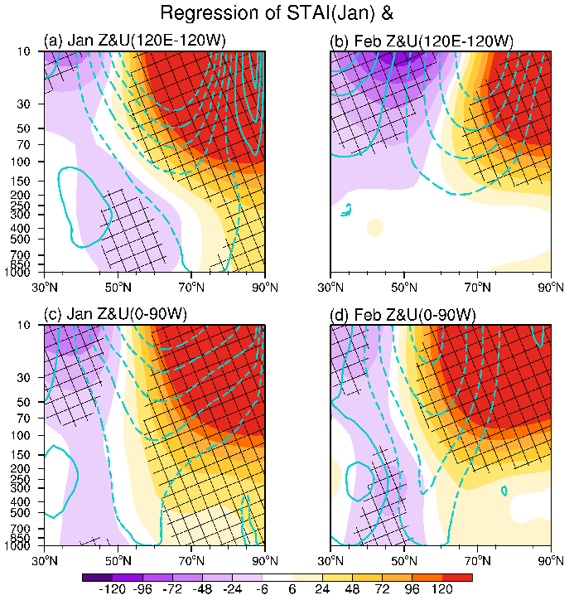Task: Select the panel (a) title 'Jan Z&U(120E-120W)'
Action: (135, 41)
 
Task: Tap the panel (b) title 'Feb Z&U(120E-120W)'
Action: (422, 41)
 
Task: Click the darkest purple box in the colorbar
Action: (98, 577)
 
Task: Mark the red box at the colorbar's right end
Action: (457, 577)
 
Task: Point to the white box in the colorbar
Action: (277, 577)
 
